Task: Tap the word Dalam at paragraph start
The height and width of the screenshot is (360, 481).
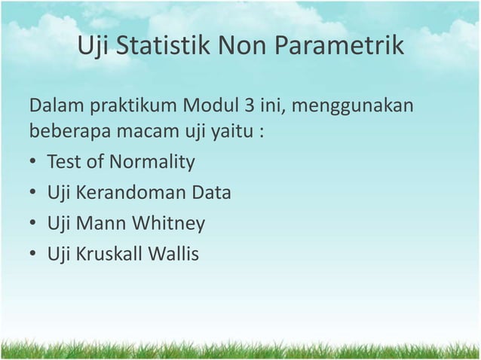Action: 57,103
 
